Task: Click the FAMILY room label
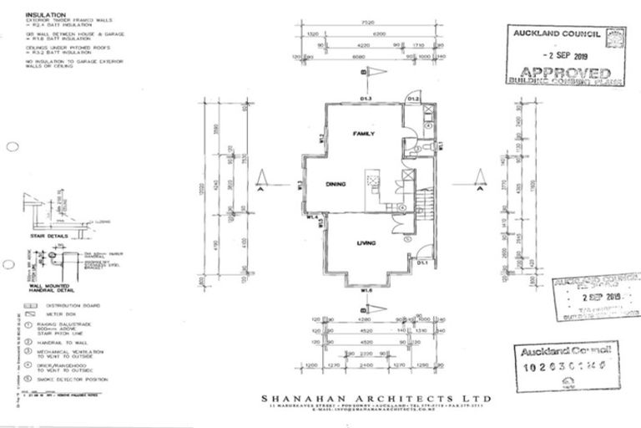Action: (x=363, y=134)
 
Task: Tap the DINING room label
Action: (x=336, y=184)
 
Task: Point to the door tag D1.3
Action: (x=366, y=99)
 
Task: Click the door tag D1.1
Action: (x=422, y=264)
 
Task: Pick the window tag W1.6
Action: (x=366, y=290)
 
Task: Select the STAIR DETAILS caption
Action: (x=48, y=237)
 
